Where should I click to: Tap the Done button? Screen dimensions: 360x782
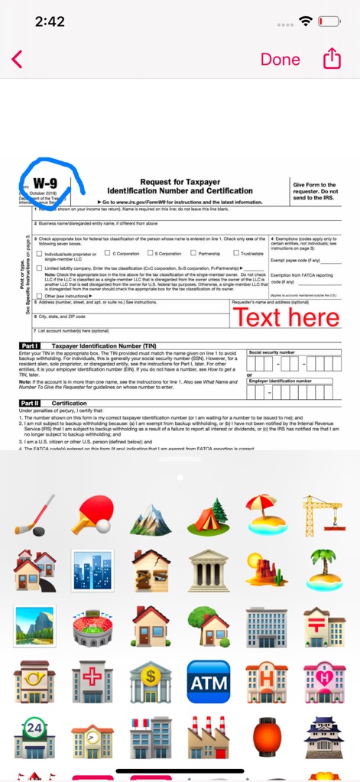coord(280,59)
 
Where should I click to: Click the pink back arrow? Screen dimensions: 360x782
coord(18,59)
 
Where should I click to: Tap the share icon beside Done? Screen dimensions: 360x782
coord(332,59)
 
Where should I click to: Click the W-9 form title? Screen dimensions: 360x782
coord(46,183)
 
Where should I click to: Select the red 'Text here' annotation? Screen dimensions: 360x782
coord(286,316)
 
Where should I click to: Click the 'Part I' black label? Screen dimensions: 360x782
coord(30,346)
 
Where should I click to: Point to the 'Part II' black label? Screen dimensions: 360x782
coord(30,403)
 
